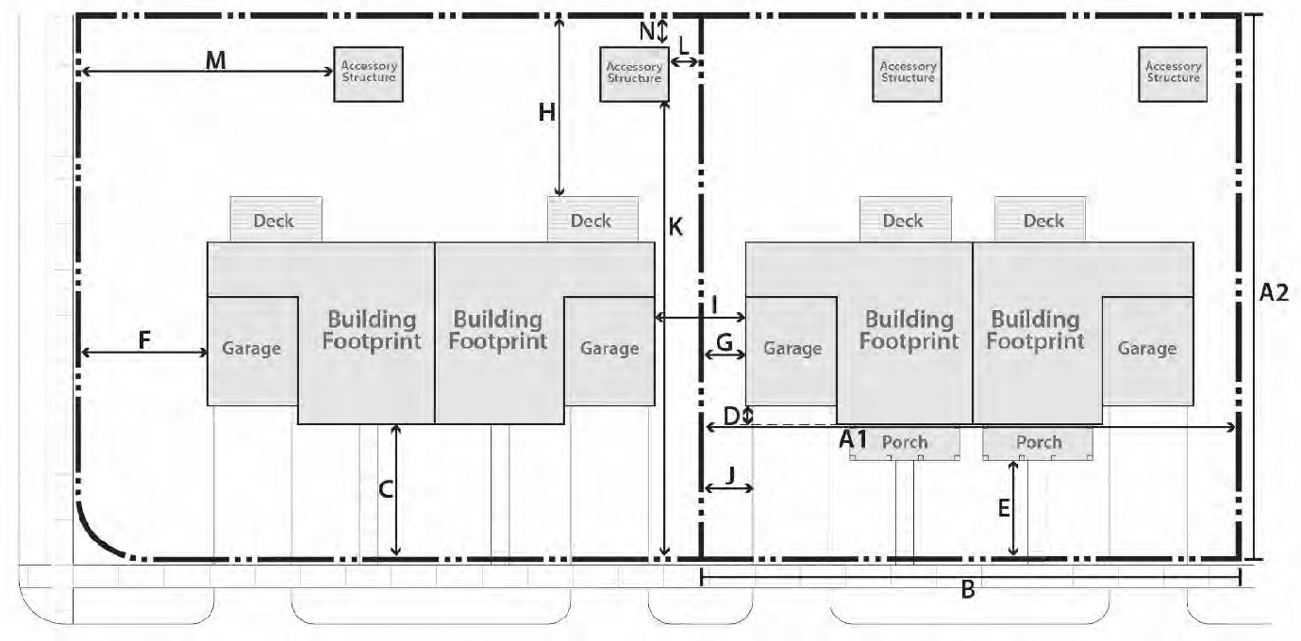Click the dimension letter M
click(215, 60)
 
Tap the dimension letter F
click(144, 340)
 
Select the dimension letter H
click(546, 112)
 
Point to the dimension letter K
click(676, 227)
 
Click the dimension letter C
click(386, 489)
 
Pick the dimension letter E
click(1004, 509)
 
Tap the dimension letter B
click(968, 590)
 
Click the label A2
click(1274, 293)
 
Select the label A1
click(853, 439)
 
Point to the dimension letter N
click(647, 31)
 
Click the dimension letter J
click(731, 476)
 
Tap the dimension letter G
click(725, 342)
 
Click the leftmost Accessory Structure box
click(368, 74)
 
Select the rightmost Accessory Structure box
click(1173, 74)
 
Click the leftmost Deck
click(275, 220)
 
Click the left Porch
click(905, 444)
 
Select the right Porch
click(1038, 444)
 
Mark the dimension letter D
click(731, 416)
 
